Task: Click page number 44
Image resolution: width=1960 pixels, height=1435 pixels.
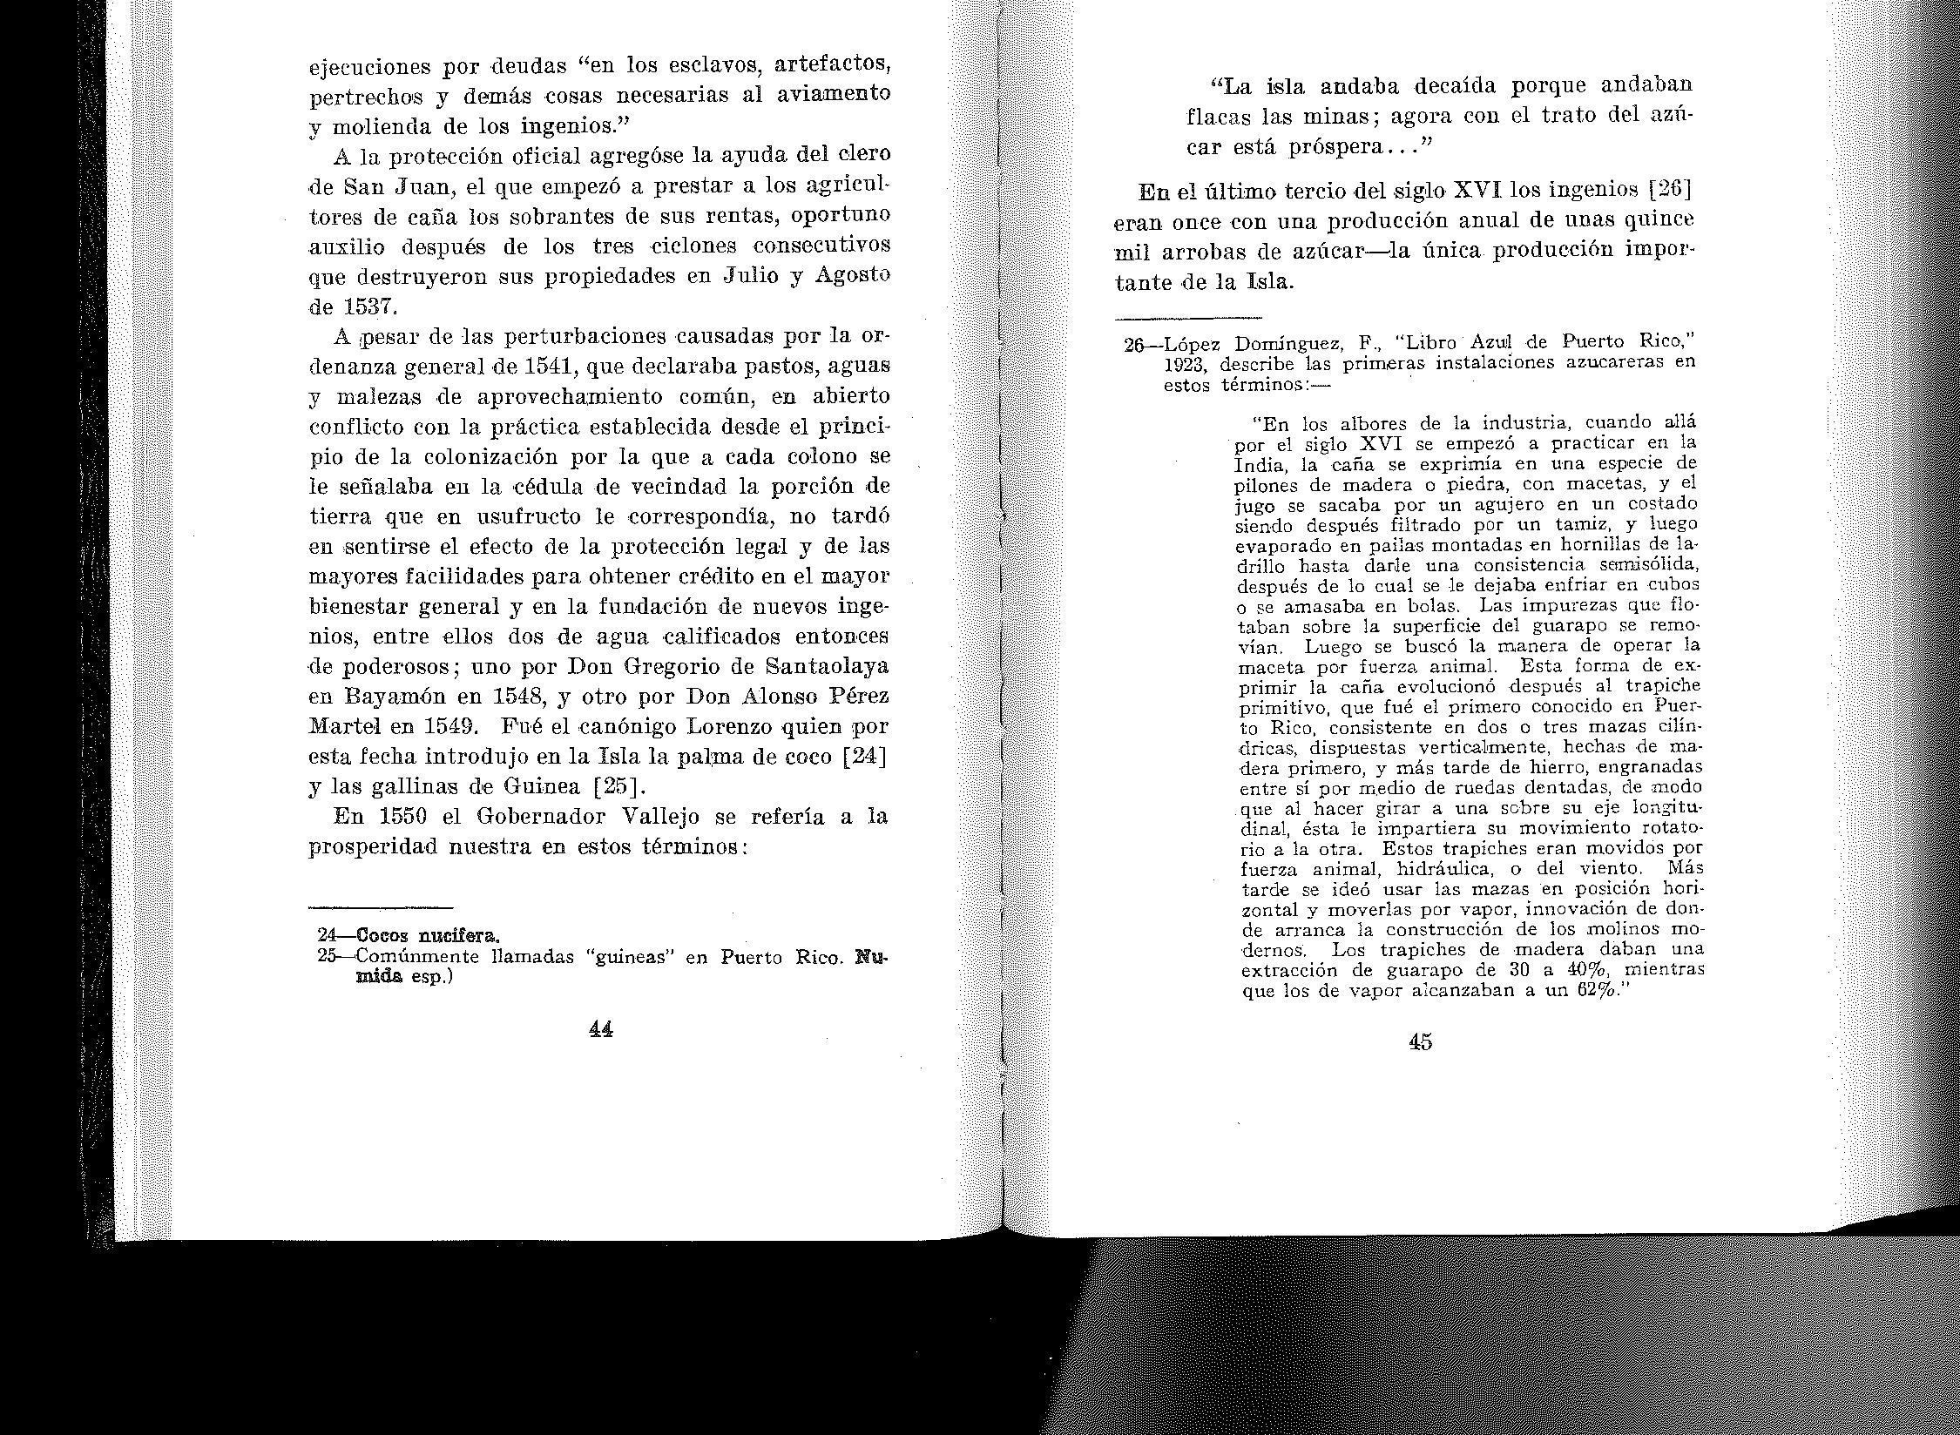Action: pyautogui.click(x=601, y=1029)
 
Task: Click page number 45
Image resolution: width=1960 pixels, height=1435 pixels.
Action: pyautogui.click(x=1420, y=1042)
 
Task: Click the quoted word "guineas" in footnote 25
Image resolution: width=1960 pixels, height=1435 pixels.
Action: pyautogui.click(x=626, y=957)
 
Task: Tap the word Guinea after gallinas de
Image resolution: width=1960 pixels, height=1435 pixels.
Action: pyautogui.click(x=538, y=787)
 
